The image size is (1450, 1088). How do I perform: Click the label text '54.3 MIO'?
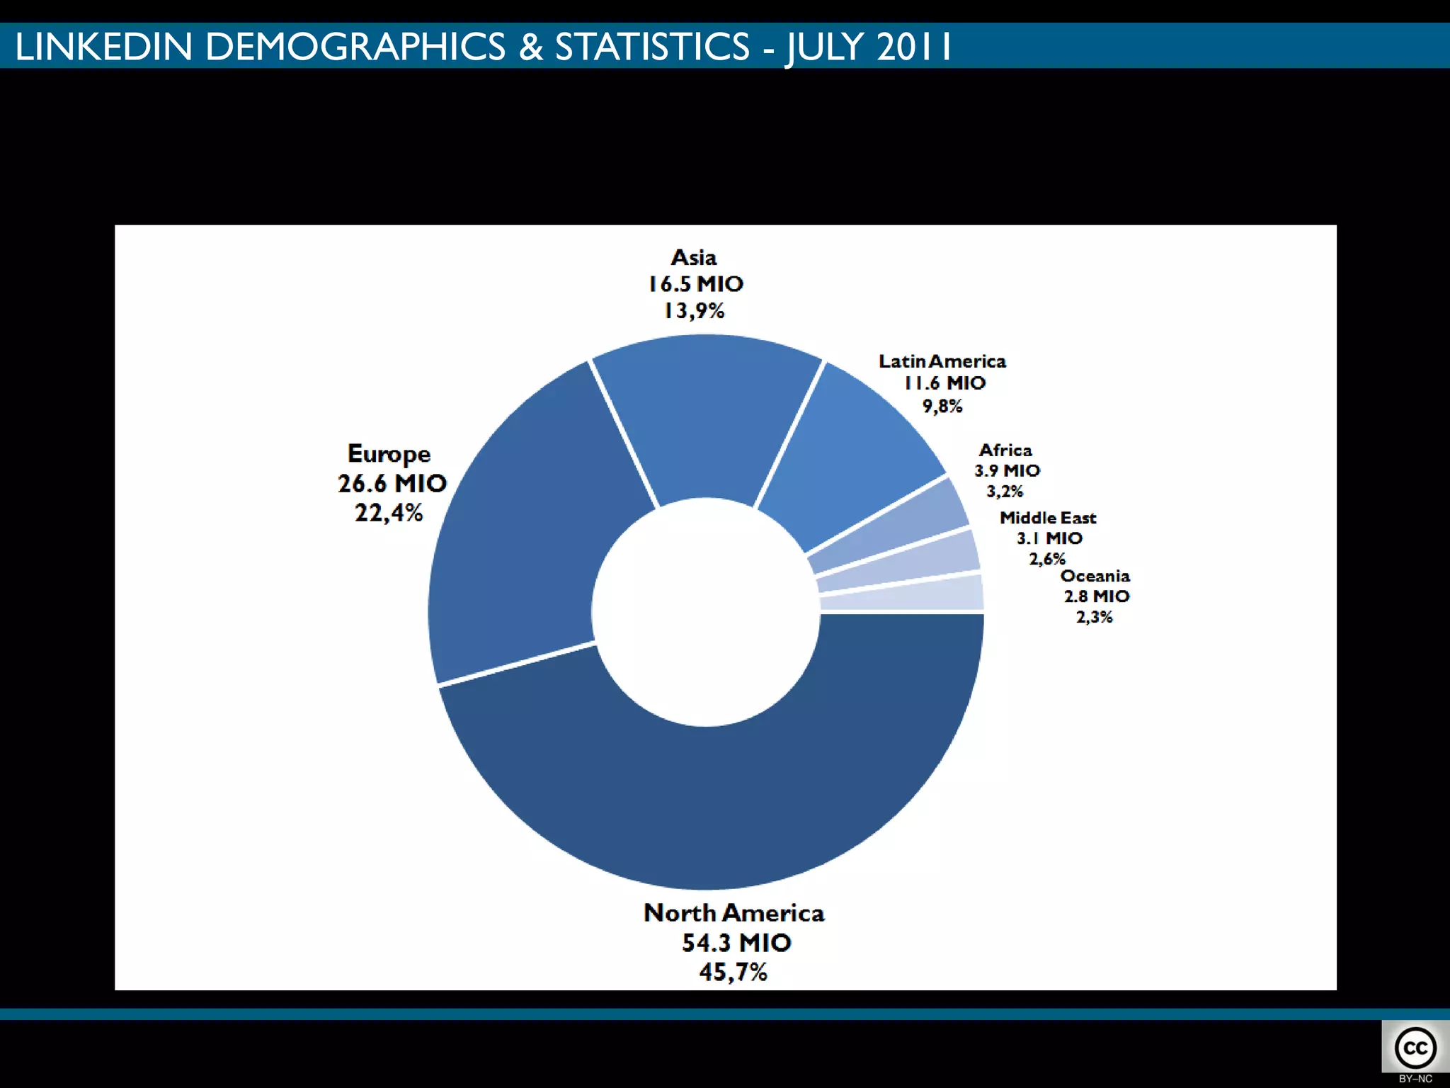pyautogui.click(x=736, y=943)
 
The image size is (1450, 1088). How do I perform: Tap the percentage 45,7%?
pyautogui.click(x=733, y=972)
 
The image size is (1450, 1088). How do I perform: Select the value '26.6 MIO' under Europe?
pyautogui.click(x=392, y=483)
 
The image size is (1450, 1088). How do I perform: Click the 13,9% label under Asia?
pyautogui.click(x=694, y=310)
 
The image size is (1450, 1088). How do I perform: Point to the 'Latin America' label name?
pyautogui.click(x=942, y=361)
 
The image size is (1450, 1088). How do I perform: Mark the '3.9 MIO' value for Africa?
pyautogui.click(x=1007, y=470)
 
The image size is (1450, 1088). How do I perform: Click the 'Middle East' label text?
pyautogui.click(x=1047, y=518)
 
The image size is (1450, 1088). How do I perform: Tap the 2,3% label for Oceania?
pyautogui.click(x=1094, y=617)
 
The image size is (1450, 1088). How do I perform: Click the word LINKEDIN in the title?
pyautogui.click(x=103, y=47)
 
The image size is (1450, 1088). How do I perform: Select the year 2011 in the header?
pyautogui.click(x=913, y=47)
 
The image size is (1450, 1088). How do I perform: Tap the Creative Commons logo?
pyautogui.click(x=1415, y=1048)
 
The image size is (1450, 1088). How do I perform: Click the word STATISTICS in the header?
pyautogui.click(x=651, y=47)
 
